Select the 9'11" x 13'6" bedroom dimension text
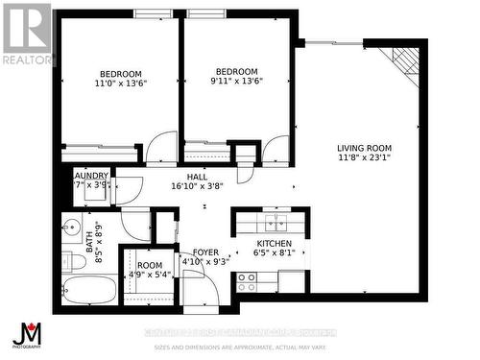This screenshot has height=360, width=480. (x=236, y=83)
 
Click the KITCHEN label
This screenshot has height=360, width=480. (x=273, y=244)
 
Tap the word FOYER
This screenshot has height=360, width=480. (x=205, y=251)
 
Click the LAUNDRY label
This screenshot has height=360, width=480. (x=90, y=175)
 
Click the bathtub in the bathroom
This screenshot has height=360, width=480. (x=89, y=290)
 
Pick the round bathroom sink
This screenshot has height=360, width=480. (x=69, y=228)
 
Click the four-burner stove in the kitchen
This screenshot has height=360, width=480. (x=247, y=281)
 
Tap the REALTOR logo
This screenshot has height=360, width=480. (x=26, y=34)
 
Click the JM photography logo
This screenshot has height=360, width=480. (x=26, y=336)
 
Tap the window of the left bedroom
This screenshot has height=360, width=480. (x=154, y=13)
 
